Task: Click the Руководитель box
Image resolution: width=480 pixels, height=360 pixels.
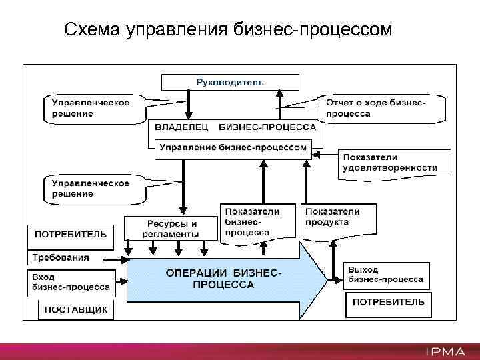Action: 230,82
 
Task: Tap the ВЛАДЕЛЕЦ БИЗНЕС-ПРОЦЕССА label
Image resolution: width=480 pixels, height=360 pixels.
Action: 235,126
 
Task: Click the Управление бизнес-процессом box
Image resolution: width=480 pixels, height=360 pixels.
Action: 233,147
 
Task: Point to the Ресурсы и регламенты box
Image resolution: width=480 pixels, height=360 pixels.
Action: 171,228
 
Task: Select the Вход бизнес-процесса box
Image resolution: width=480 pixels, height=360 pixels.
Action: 70,282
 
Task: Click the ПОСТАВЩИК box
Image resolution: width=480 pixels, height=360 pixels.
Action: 75,310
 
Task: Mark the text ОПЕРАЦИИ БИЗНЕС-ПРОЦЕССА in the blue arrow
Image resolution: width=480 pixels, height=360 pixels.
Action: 223,279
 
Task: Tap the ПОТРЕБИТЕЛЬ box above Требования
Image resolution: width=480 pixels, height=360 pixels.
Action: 70,234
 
